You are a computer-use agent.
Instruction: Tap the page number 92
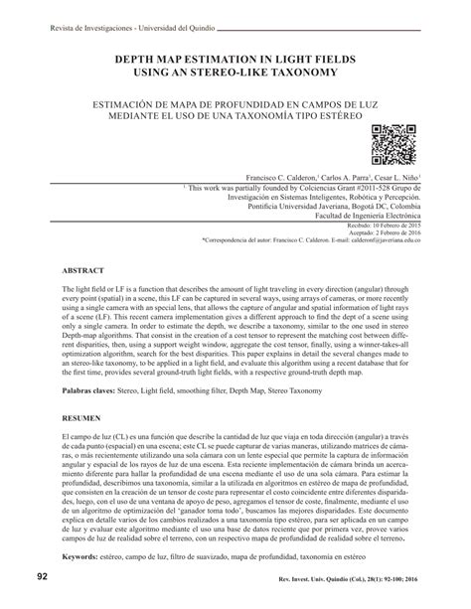(41, 578)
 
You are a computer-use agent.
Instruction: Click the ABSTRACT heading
(84, 270)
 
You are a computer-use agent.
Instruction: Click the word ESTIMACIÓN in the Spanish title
(127, 101)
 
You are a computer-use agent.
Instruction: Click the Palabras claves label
(96, 393)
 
